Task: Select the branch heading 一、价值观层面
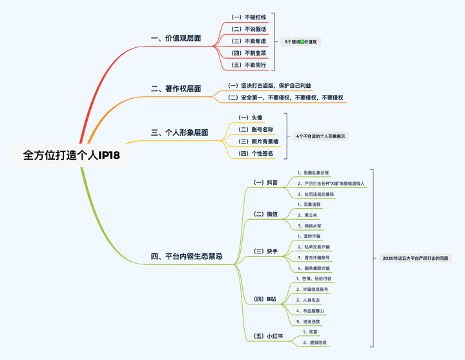[176, 38]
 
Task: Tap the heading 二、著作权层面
[176, 89]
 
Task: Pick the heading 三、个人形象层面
[180, 132]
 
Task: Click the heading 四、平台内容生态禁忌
[187, 257]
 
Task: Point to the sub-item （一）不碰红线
[248, 16]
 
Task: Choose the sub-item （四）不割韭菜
[248, 53]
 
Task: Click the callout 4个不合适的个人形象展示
[321, 136]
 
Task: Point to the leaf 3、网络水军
[310, 226]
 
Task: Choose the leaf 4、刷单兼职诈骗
[313, 268]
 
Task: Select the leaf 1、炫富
[308, 331]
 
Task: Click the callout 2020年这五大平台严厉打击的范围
[416, 258]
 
